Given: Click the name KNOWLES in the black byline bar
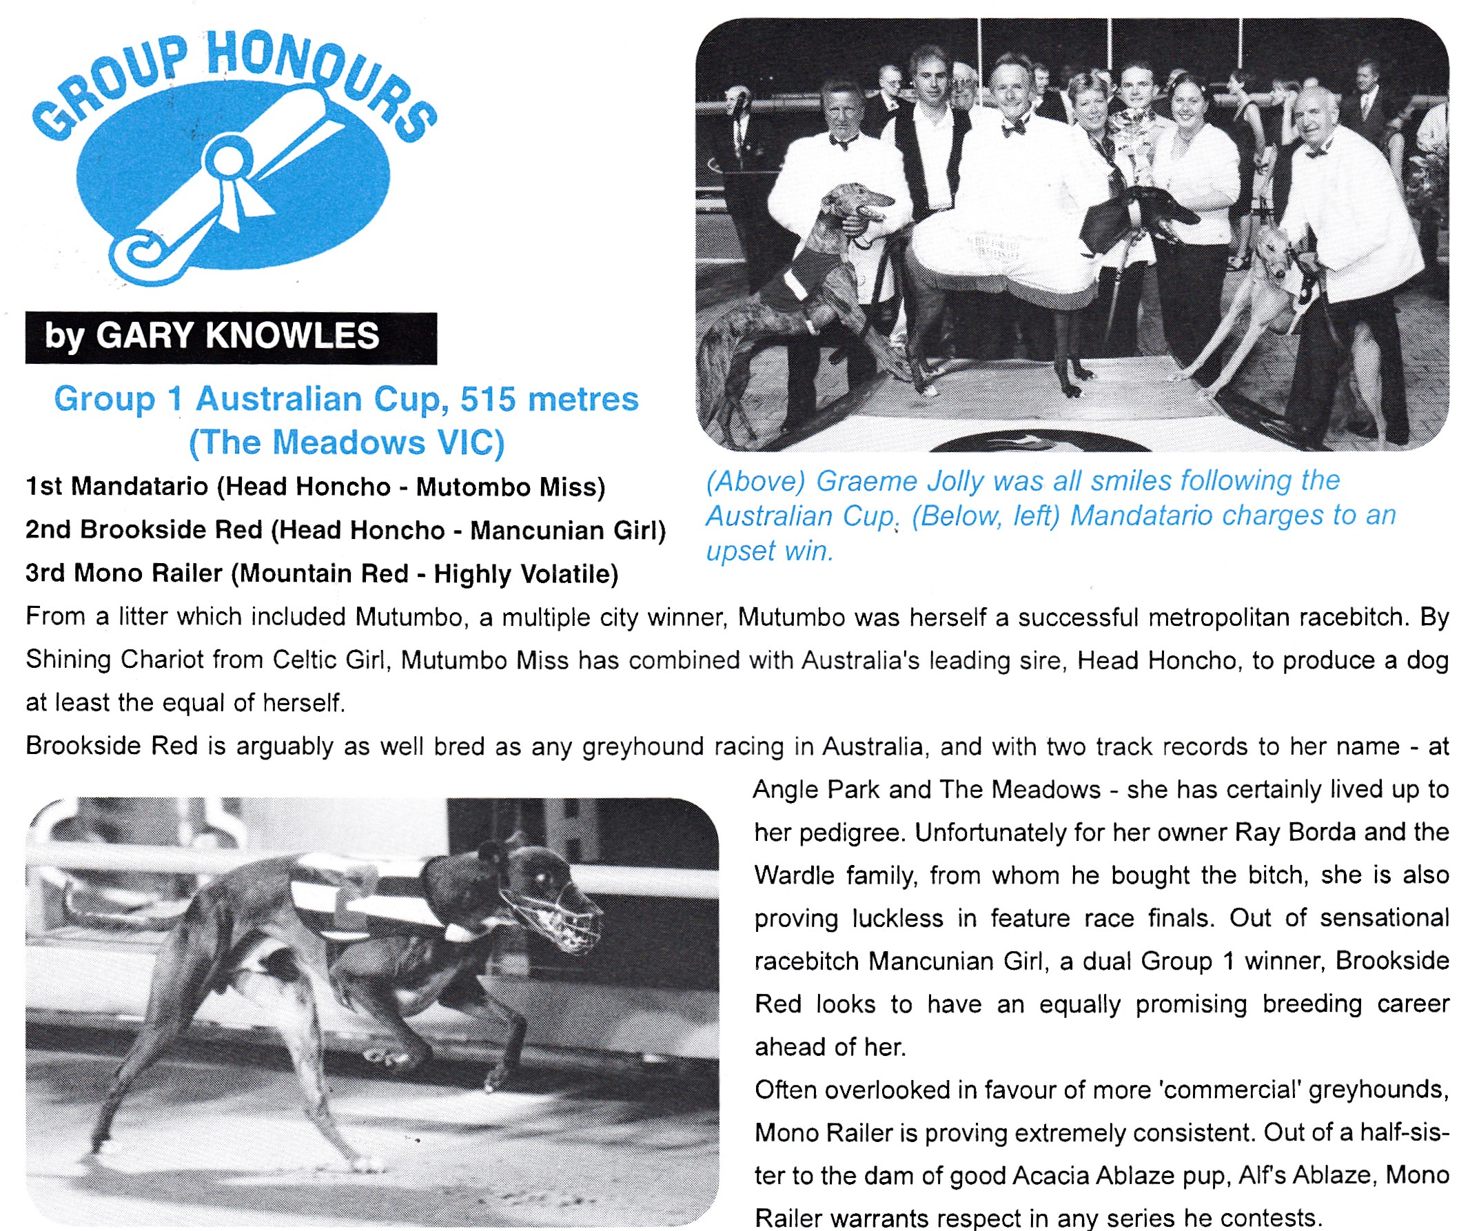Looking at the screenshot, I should [x=292, y=336].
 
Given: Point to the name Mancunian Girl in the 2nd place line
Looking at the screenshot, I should [x=564, y=530].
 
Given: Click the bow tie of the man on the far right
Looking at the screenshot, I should [x=1316, y=152].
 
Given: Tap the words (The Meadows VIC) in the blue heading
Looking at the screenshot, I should [x=347, y=443].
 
